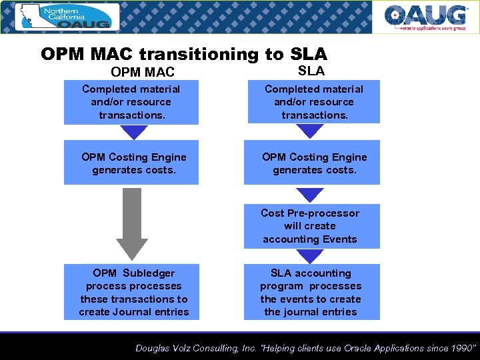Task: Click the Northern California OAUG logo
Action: pos(66,17)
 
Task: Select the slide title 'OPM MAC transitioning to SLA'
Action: pos(184,54)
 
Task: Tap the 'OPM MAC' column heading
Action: pos(143,72)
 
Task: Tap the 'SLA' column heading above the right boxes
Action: pos(311,71)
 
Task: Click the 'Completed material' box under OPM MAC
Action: pos(131,102)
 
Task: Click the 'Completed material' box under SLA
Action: pos(313,102)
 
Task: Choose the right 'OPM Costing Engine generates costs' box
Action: pos(314,163)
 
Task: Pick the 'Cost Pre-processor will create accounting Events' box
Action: pos(310,226)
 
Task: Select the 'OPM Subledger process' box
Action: pos(133,293)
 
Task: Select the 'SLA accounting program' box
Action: pos(311,293)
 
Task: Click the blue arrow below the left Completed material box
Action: pos(135,132)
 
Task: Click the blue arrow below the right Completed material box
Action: pos(310,131)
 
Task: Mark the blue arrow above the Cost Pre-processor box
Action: pos(309,195)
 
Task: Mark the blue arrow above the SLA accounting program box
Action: pos(309,255)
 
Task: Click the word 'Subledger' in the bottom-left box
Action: pos(149,273)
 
